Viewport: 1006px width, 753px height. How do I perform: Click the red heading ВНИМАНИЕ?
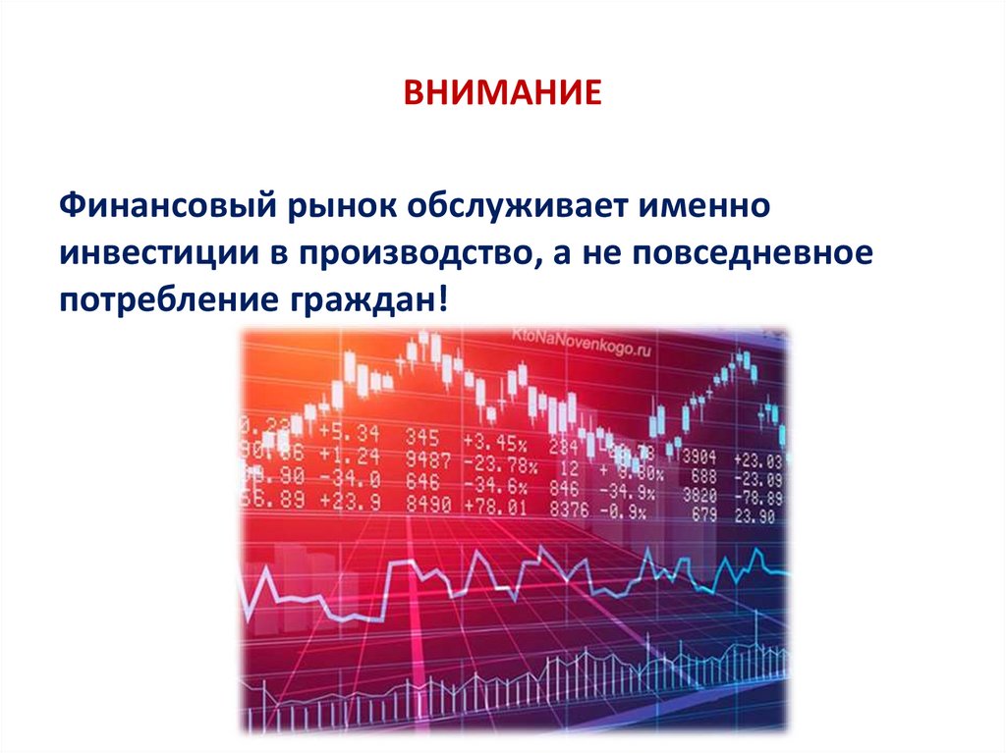(x=502, y=95)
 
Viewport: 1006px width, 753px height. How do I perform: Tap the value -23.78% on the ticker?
(x=499, y=461)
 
